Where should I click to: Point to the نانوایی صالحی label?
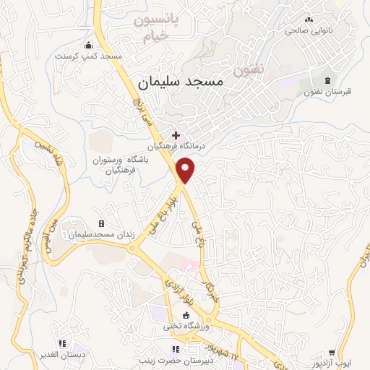[x=310, y=31]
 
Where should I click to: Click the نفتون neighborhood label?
[x=250, y=71]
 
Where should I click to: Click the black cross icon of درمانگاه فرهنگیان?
[x=176, y=135]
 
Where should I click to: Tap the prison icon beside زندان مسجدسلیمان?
[x=101, y=223]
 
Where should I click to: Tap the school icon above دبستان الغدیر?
[x=62, y=342]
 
